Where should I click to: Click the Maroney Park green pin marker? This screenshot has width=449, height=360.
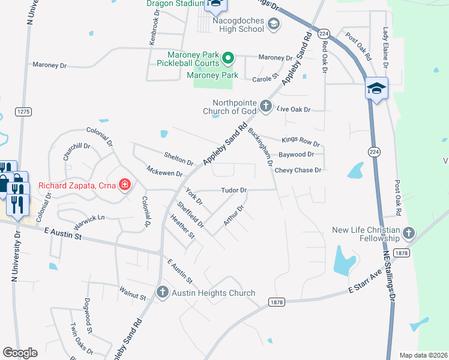pyautogui.click(x=228, y=59)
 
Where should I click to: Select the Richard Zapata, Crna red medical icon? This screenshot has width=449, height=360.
pyautogui.click(x=125, y=185)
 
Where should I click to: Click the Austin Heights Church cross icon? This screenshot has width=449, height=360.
pyautogui.click(x=162, y=293)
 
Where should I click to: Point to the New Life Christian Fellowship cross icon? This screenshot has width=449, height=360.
pyautogui.click(x=409, y=232)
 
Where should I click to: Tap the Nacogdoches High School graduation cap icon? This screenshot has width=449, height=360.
pyautogui.click(x=274, y=24)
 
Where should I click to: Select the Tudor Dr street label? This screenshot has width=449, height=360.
pyautogui.click(x=234, y=190)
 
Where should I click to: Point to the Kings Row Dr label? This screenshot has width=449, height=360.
pyautogui.click(x=301, y=142)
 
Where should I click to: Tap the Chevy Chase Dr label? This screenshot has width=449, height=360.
pyautogui.click(x=298, y=170)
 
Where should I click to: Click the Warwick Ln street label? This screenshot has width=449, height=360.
pyautogui.click(x=89, y=221)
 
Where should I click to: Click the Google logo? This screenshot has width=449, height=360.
pyautogui.click(x=20, y=353)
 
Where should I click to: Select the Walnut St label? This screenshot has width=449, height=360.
pyautogui.click(x=132, y=296)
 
